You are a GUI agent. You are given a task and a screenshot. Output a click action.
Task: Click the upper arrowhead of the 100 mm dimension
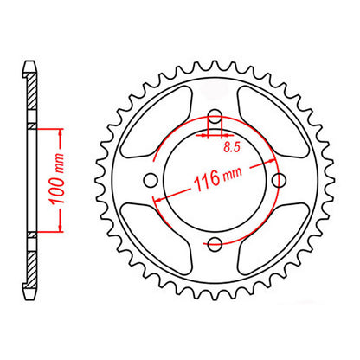point(61,130)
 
